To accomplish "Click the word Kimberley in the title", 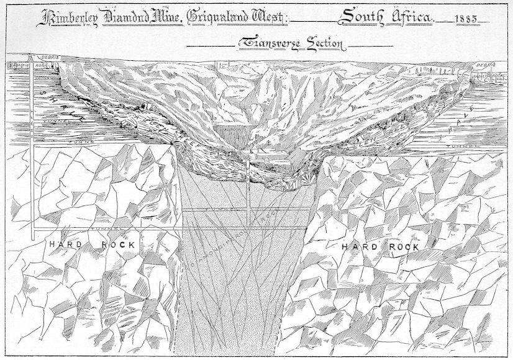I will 69,17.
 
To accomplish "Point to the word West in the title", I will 268,17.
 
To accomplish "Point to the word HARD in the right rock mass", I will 360,246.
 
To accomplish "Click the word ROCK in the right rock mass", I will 402,246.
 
